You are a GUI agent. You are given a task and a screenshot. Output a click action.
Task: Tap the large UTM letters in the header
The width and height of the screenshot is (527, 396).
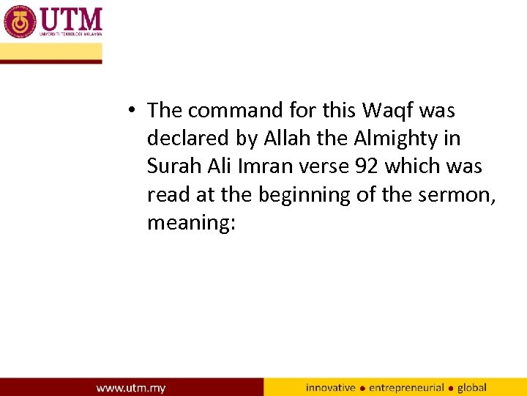[x=72, y=18]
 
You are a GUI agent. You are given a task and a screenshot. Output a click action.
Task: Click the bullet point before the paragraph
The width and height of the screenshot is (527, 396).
[x=129, y=111]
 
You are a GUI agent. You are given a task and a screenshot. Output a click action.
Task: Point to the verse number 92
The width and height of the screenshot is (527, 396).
[x=366, y=166]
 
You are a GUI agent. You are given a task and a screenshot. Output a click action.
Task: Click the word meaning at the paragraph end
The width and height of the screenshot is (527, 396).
[x=189, y=222]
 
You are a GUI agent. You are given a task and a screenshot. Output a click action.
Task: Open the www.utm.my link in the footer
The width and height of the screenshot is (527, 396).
[x=131, y=387]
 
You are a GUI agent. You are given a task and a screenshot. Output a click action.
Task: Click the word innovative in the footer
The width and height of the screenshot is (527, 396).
[x=330, y=387]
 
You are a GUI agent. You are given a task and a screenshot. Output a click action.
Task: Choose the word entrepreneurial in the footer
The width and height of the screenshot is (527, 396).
[x=406, y=387]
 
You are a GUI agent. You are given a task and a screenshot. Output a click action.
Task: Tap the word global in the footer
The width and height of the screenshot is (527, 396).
[x=471, y=387]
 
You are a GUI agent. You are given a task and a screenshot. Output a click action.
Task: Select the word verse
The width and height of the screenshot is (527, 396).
[x=319, y=166]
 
